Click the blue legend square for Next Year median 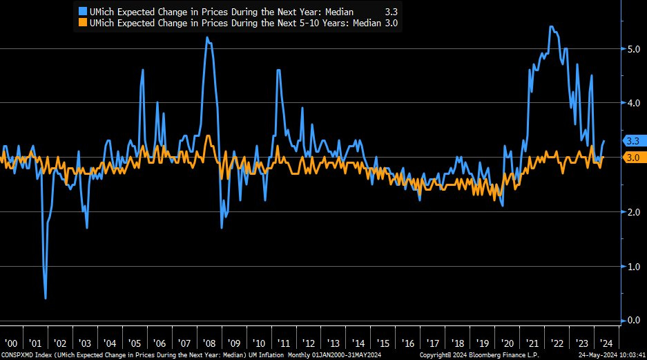click(x=84, y=12)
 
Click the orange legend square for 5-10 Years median click(x=84, y=23)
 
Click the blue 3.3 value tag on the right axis click(x=632, y=140)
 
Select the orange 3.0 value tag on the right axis click(x=632, y=158)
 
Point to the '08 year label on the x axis click(x=209, y=343)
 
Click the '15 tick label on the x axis click(x=383, y=343)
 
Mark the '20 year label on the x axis click(x=508, y=343)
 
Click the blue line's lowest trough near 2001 click(x=46, y=298)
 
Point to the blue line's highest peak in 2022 click(x=550, y=27)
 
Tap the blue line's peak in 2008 click(x=207, y=37)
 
